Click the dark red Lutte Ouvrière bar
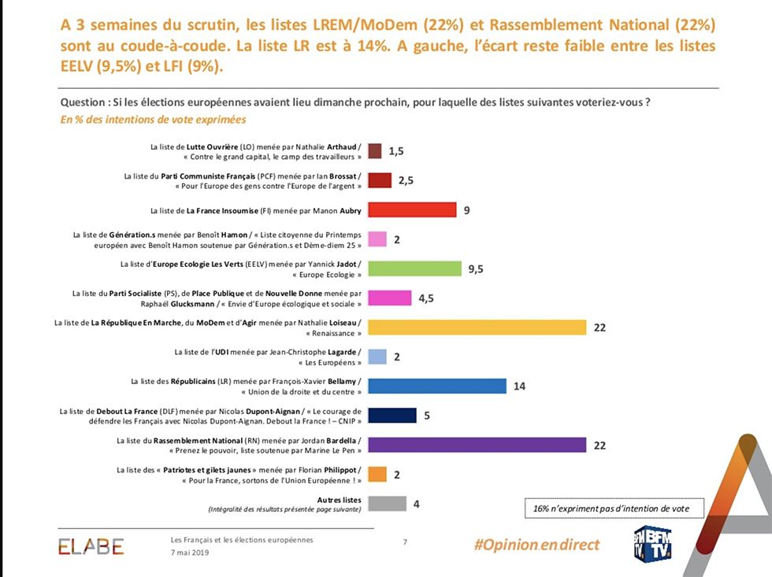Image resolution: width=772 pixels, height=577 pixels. coord(375,151)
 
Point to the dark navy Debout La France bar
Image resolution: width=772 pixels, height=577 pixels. coord(392,416)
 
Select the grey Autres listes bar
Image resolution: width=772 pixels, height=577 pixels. coord(387,504)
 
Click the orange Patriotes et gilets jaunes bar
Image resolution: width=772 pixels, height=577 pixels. coord(377,475)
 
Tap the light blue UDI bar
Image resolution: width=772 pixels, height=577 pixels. coord(377,357)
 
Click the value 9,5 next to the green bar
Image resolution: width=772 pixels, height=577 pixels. coord(476,268)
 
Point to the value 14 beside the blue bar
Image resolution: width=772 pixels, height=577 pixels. coord(518,387)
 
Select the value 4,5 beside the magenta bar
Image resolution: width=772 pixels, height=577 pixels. coord(425,298)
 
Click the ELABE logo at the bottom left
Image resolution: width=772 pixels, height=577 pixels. coord(91,546)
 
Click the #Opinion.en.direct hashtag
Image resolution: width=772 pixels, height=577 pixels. coord(536,545)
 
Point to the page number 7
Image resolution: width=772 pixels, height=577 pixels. coord(405,542)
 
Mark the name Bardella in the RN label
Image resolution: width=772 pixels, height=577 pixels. coord(341,440)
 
